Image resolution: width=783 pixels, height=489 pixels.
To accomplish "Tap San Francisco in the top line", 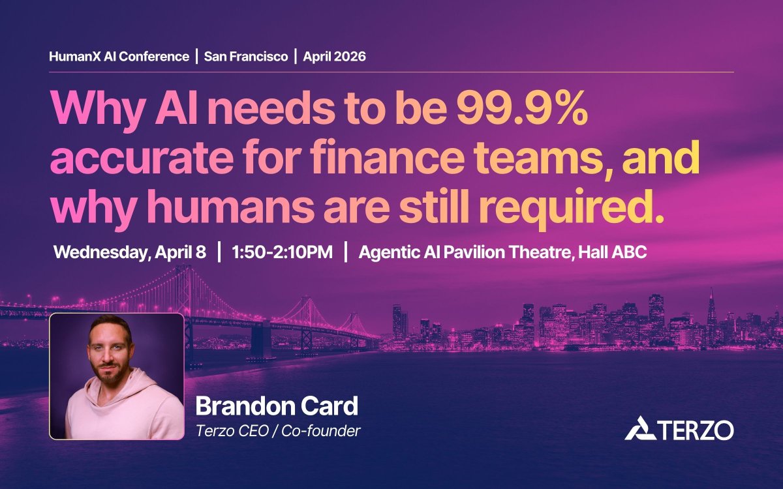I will click(245, 57).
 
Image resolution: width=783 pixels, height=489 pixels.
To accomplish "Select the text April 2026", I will click(333, 57).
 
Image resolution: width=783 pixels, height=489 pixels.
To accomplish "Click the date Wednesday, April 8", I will click(130, 253).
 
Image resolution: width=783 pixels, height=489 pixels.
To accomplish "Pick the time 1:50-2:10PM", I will click(283, 253).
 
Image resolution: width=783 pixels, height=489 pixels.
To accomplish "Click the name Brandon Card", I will click(277, 407).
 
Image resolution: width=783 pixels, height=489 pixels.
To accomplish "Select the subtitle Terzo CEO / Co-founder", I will click(278, 431).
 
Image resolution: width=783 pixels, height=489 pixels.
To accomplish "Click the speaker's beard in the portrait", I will click(108, 370).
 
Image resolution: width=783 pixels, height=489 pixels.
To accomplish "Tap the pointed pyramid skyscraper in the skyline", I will click(712, 306).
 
